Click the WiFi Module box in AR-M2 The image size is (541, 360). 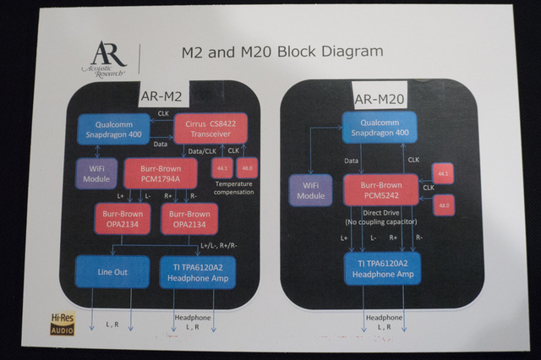click(x=96, y=173)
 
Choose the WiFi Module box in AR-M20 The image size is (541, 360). click(x=311, y=189)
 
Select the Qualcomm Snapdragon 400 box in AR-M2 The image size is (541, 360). click(x=112, y=129)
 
